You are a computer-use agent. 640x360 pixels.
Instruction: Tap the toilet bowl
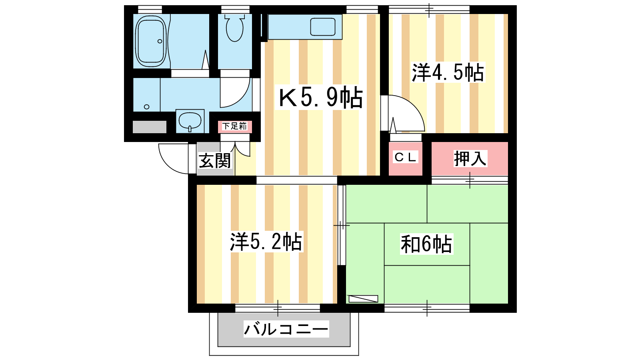tap(234, 28)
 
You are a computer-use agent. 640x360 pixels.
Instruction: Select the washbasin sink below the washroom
tap(190, 121)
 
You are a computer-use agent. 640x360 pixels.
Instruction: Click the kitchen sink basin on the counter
tap(322, 27)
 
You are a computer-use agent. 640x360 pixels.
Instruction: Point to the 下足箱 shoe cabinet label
tap(234, 126)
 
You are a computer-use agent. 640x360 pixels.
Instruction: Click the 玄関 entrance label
tap(214, 160)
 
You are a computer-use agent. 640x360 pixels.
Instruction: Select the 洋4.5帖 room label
tap(448, 72)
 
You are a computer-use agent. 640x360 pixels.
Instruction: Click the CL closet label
tap(405, 157)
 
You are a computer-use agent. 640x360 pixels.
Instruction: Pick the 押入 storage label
tap(470, 158)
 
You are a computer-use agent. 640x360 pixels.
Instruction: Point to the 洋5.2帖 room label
tap(266, 242)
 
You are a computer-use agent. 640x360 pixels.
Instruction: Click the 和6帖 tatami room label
tap(426, 244)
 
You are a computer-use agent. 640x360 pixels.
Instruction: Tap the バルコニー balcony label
tap(286, 329)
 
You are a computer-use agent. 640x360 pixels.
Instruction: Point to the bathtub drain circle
tap(160, 41)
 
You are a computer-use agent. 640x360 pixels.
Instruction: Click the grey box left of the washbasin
tap(150, 127)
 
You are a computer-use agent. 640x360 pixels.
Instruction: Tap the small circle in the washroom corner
tap(146, 107)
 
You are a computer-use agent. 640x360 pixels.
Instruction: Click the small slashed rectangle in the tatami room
tap(363, 298)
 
